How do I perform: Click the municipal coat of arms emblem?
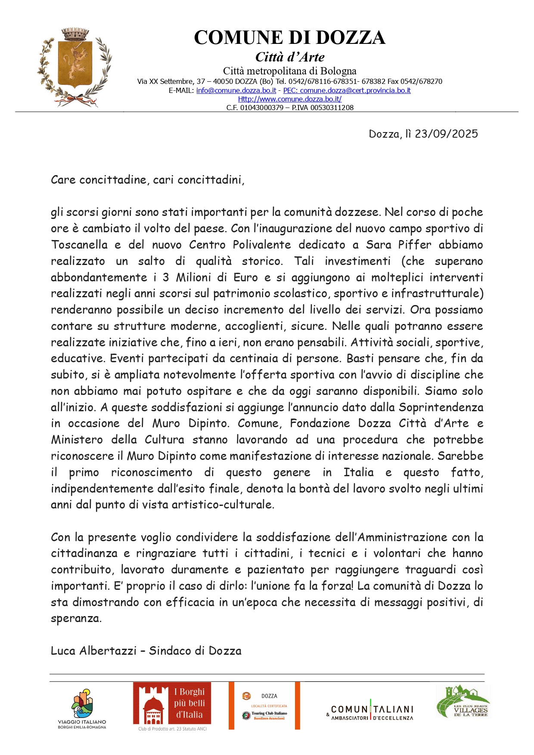[74, 67]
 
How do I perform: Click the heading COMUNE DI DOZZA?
[289, 38]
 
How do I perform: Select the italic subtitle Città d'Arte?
[290, 57]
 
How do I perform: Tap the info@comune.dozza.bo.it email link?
[236, 90]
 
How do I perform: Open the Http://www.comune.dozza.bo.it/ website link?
[290, 99]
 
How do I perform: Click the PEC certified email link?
[347, 90]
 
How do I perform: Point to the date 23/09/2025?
[446, 134]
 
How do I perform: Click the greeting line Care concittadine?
[147, 179]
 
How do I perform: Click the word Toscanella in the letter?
[79, 245]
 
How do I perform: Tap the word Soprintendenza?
[441, 407]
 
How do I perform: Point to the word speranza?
[76, 619]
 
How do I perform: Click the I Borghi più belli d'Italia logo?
[172, 706]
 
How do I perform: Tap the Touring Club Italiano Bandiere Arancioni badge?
[264, 706]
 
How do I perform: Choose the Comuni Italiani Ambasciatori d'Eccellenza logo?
[371, 713]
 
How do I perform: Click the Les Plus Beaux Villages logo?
[463, 702]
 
